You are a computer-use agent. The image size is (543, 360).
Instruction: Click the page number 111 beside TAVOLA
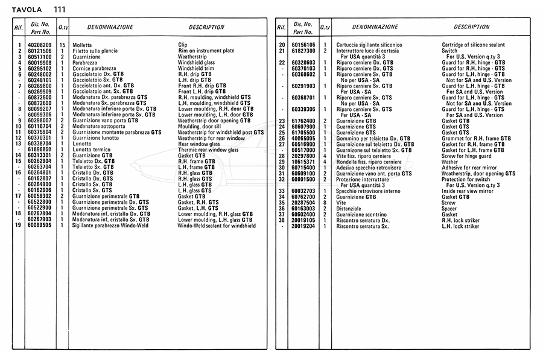(60, 9)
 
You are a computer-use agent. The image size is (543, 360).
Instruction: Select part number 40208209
(40, 45)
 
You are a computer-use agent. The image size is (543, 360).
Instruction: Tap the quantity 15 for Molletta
(62, 45)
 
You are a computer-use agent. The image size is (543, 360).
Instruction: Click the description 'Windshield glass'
(197, 63)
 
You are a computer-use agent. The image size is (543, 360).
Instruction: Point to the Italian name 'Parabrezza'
(85, 63)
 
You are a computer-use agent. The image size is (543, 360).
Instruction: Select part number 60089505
(40, 226)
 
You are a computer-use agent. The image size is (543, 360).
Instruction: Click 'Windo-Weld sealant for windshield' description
(217, 226)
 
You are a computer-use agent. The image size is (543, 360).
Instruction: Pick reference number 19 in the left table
(19, 226)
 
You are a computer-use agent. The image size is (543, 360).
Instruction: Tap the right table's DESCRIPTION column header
(472, 27)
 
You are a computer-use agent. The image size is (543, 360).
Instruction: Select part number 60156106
(304, 45)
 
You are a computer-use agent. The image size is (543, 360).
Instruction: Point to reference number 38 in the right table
(281, 220)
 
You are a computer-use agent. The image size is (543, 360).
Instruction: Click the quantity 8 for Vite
(325, 203)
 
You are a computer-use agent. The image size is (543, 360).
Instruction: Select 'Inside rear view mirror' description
(468, 191)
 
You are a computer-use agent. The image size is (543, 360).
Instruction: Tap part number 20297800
(304, 156)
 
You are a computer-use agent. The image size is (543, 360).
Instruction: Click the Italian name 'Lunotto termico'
(91, 150)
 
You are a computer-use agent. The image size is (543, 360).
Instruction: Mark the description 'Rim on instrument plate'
(206, 51)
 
